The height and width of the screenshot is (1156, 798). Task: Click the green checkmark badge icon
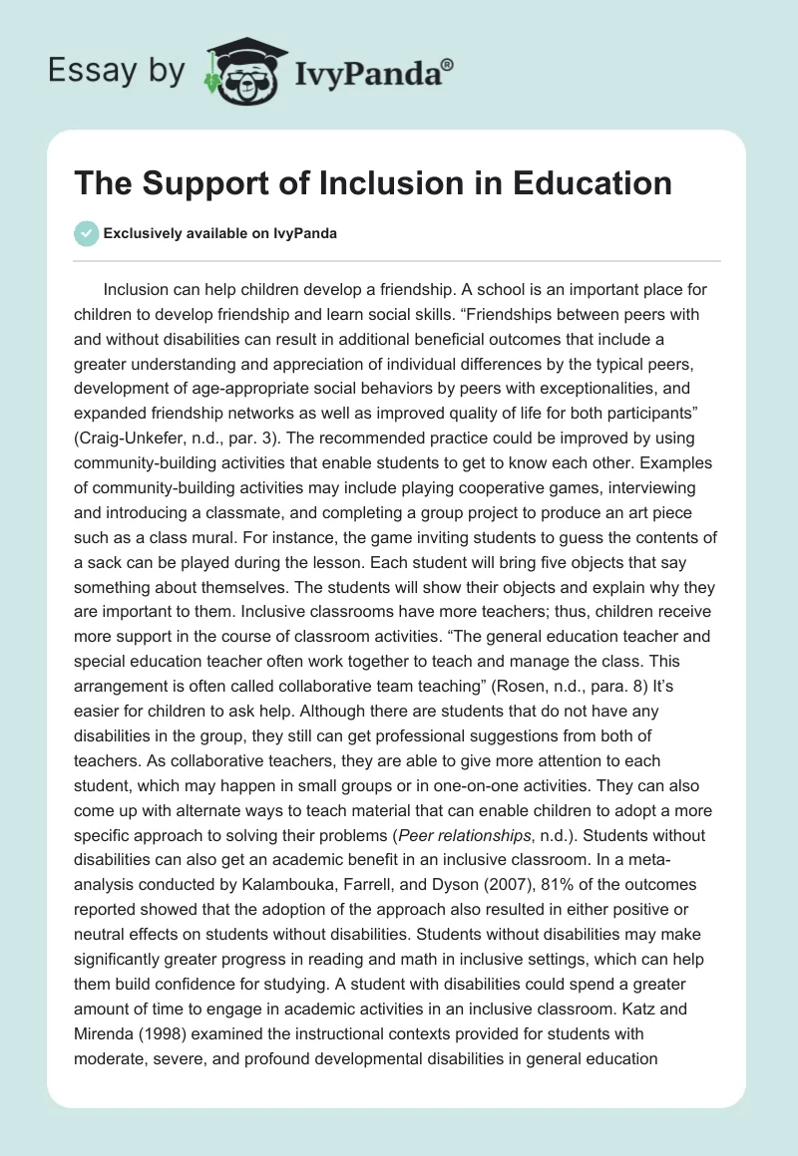click(x=86, y=233)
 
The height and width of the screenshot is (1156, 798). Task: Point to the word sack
click(x=114, y=563)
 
